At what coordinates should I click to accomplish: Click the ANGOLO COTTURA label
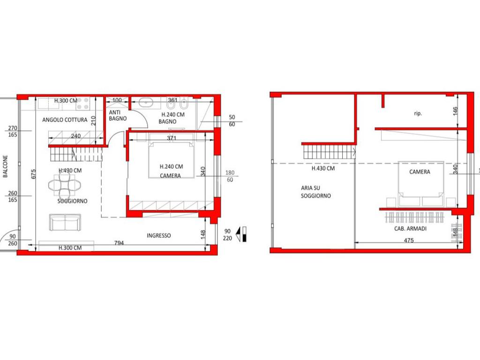click(x=65, y=120)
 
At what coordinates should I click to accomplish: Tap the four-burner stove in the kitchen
click(x=82, y=103)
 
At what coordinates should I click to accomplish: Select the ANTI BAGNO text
click(x=118, y=115)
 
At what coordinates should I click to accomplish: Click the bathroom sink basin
click(x=148, y=103)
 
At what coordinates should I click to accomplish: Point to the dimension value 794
click(x=119, y=243)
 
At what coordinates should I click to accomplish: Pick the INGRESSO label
click(x=158, y=235)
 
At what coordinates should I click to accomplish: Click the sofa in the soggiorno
click(x=65, y=222)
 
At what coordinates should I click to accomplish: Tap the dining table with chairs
click(x=65, y=185)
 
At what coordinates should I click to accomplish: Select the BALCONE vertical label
click(x=5, y=166)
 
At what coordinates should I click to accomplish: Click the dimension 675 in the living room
click(x=34, y=173)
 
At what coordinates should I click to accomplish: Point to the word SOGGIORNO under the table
click(x=72, y=201)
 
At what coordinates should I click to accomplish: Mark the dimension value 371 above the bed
click(x=172, y=138)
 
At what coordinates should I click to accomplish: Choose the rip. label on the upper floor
click(x=418, y=113)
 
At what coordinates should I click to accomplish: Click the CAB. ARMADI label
click(x=410, y=228)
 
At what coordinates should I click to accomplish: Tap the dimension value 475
click(x=409, y=240)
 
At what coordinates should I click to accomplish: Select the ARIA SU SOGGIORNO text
click(x=315, y=192)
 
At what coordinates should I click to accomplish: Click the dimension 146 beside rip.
click(x=455, y=111)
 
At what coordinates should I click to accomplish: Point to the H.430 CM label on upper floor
click(x=323, y=168)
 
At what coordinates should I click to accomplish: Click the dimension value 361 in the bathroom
click(x=172, y=100)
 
